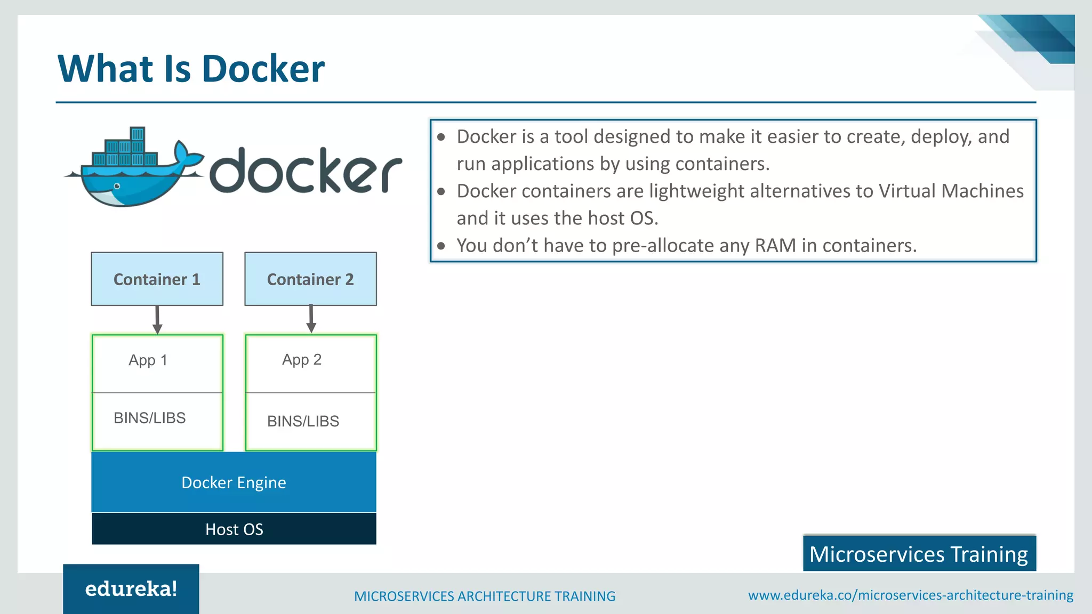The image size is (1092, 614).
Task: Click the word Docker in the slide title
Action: pyautogui.click(x=263, y=69)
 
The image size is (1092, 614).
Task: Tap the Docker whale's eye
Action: pyautogui.click(x=117, y=186)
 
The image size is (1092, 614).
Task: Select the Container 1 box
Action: pyautogui.click(x=157, y=279)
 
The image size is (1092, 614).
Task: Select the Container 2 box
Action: pyautogui.click(x=310, y=279)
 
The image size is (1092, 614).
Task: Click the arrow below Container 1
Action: pyautogui.click(x=157, y=320)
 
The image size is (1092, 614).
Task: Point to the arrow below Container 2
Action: pyautogui.click(x=311, y=319)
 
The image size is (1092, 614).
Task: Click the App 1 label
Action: pyautogui.click(x=148, y=360)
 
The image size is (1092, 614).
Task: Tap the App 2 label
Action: pyautogui.click(x=301, y=360)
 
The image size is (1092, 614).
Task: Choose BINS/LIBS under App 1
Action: pyautogui.click(x=149, y=418)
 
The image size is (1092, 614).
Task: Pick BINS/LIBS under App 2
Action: pyautogui.click(x=303, y=421)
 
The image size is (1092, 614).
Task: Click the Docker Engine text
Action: pyautogui.click(x=234, y=482)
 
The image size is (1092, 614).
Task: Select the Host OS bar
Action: pyautogui.click(x=234, y=529)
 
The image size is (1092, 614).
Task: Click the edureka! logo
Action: pyautogui.click(x=131, y=589)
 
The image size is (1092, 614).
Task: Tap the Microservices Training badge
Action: pyautogui.click(x=919, y=554)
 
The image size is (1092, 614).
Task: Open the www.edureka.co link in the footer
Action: pyautogui.click(x=910, y=595)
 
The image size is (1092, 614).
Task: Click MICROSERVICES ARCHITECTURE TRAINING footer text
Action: pyautogui.click(x=484, y=596)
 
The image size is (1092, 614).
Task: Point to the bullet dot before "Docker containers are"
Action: pyautogui.click(x=441, y=191)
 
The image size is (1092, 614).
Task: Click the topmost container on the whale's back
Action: pyautogui.click(x=138, y=133)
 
